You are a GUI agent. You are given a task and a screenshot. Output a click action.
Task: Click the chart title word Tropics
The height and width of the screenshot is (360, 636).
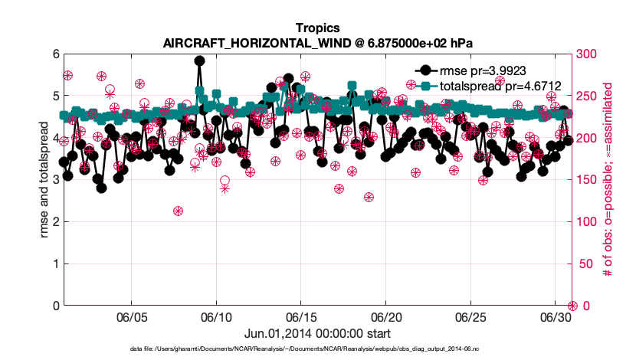pyautogui.click(x=317, y=28)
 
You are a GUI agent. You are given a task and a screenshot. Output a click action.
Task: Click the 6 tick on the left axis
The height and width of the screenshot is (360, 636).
pyautogui.click(x=55, y=54)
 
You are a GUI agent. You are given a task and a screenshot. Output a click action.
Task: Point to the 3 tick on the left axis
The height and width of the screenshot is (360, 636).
pyautogui.click(x=55, y=180)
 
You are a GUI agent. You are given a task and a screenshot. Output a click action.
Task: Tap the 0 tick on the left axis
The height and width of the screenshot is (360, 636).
pyautogui.click(x=55, y=306)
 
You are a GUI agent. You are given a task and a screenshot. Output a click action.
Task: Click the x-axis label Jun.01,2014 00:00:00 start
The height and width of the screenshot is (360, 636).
pyautogui.click(x=317, y=334)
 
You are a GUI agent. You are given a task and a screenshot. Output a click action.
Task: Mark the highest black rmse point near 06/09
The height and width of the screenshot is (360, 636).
pyautogui.click(x=199, y=61)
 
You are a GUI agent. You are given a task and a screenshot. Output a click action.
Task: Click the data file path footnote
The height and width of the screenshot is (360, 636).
pyautogui.click(x=317, y=349)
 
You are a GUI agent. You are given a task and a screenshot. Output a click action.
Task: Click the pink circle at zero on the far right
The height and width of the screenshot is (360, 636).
pyautogui.click(x=572, y=306)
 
